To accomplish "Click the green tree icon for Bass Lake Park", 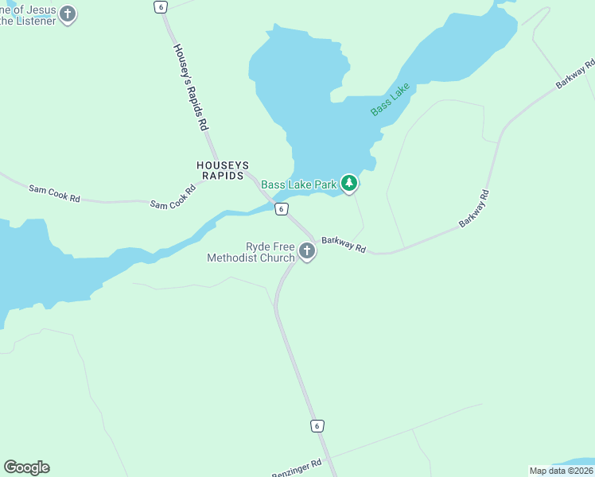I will (x=348, y=184).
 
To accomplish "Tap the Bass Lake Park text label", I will (x=299, y=184).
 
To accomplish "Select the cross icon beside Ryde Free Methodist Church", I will (x=306, y=252).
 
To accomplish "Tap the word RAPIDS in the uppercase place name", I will (x=222, y=176).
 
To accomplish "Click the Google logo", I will (x=26, y=467).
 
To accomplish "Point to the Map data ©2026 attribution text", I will (x=561, y=471).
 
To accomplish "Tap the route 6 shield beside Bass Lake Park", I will (x=281, y=208).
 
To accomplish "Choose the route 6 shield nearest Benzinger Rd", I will (x=317, y=426).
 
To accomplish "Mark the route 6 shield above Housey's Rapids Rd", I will (x=161, y=6).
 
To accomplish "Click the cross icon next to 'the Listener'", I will (x=68, y=14).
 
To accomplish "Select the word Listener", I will (x=37, y=21).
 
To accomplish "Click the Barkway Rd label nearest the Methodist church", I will (x=343, y=244).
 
